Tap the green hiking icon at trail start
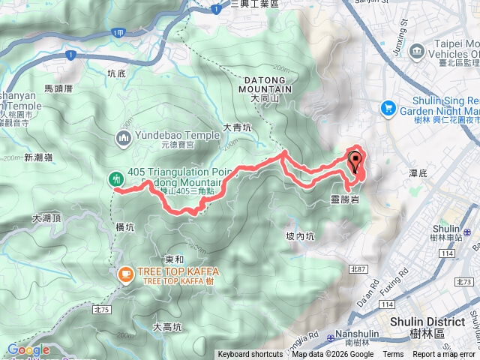(116, 178)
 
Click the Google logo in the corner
(28, 349)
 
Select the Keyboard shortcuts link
(250, 355)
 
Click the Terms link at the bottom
(392, 355)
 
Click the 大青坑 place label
(237, 128)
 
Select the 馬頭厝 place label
(58, 88)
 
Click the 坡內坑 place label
(300, 235)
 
